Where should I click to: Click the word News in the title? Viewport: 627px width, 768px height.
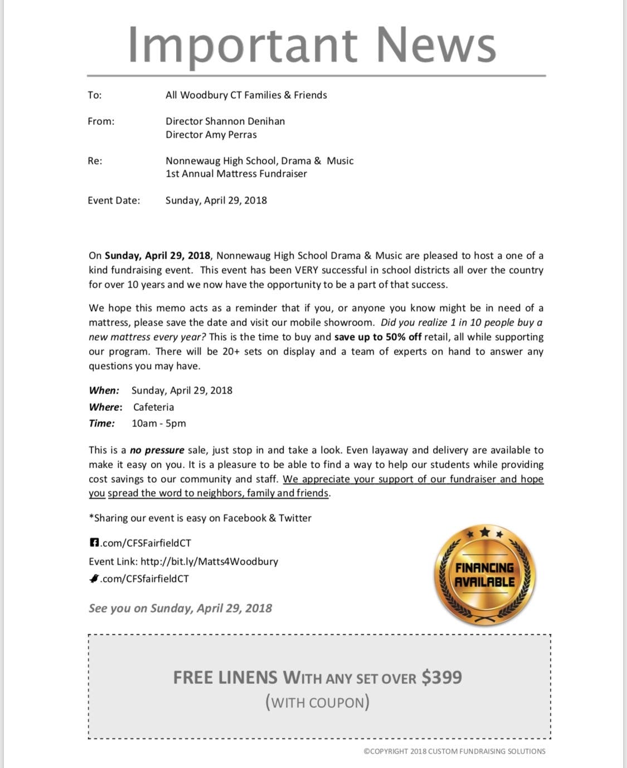point(436,45)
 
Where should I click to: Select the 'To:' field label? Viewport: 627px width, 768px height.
point(95,95)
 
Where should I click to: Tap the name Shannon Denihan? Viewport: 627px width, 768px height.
point(245,121)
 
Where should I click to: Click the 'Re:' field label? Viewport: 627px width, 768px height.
point(95,161)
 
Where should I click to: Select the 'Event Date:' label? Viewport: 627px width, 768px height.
point(114,201)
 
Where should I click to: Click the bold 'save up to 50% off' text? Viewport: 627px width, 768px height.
point(378,337)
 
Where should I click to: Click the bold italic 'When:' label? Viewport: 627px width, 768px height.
point(104,391)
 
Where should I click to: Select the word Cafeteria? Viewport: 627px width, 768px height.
point(153,407)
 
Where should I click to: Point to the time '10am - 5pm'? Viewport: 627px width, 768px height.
point(159,424)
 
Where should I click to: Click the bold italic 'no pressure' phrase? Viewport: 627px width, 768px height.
point(157,450)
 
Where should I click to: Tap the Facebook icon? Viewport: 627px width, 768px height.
point(94,542)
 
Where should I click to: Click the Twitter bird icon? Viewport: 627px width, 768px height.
point(94,579)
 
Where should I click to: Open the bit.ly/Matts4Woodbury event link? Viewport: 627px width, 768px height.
point(209,562)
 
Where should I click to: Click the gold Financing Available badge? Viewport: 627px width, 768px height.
point(484,575)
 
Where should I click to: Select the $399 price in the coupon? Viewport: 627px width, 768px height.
point(441,678)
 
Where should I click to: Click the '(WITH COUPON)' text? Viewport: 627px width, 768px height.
point(317,702)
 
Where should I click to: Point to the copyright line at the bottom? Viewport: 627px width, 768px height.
point(454,751)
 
